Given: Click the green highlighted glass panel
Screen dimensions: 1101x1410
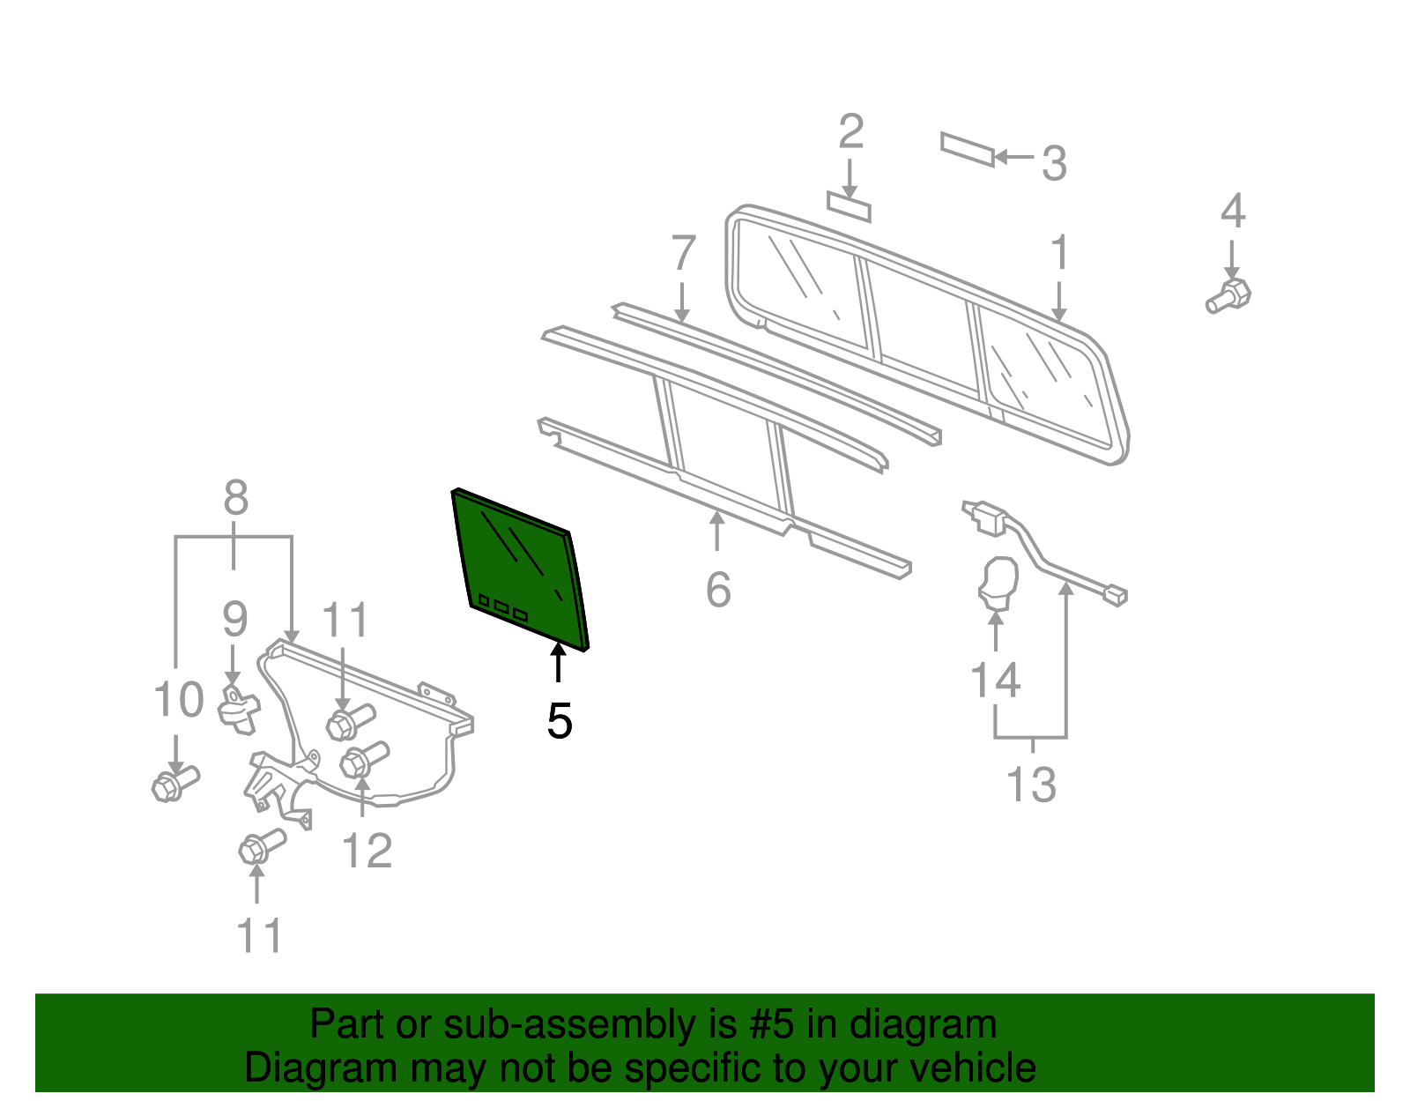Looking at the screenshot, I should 520,569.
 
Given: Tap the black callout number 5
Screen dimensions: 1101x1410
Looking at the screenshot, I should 560,721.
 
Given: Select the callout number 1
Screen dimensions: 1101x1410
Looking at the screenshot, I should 1059,253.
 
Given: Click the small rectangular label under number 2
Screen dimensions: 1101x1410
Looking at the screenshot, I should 849,206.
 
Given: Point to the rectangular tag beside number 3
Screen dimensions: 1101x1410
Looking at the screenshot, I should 967,149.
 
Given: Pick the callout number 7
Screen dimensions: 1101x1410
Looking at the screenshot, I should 684,254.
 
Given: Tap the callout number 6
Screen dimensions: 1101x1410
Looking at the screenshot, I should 718,589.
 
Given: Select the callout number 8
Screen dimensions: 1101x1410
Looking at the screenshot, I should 235,498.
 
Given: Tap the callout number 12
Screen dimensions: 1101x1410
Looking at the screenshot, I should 367,852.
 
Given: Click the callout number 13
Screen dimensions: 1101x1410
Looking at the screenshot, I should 1031,784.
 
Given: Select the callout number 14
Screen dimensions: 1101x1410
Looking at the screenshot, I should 995,681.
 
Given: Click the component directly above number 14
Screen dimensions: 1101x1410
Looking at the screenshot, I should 998,584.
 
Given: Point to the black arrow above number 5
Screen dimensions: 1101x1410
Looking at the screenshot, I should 558,663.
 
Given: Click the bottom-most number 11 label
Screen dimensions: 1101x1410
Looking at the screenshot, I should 259,936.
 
